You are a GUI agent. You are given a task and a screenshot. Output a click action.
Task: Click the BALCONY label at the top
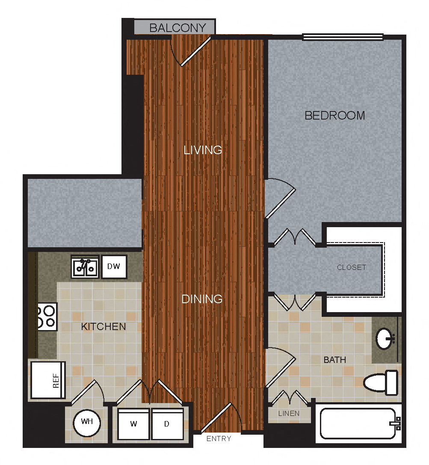[x=178, y=28]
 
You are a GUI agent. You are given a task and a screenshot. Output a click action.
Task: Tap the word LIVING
[x=203, y=150]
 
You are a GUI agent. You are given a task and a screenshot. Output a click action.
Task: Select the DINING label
[x=202, y=299]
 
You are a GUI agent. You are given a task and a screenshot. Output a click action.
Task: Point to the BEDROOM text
[x=334, y=115]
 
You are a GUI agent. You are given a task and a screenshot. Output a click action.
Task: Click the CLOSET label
[x=352, y=268]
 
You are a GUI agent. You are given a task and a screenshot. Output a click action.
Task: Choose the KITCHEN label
[x=104, y=327]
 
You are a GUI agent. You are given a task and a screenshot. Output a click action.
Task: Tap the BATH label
[x=334, y=360]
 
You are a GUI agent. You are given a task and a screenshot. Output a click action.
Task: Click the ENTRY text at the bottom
[x=219, y=439]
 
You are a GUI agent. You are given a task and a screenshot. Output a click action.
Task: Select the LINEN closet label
[x=289, y=413]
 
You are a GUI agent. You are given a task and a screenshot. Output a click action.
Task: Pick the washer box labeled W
[x=133, y=424]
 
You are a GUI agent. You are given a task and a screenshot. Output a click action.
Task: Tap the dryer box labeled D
[x=167, y=424]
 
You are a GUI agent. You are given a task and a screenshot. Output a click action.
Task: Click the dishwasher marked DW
[x=114, y=267]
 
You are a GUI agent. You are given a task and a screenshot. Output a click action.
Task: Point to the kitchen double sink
[x=85, y=267]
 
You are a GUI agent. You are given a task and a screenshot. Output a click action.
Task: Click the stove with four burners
[x=47, y=316]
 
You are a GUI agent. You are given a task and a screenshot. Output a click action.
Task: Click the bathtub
[x=358, y=424]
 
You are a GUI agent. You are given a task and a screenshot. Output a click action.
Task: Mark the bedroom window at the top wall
[x=343, y=37]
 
